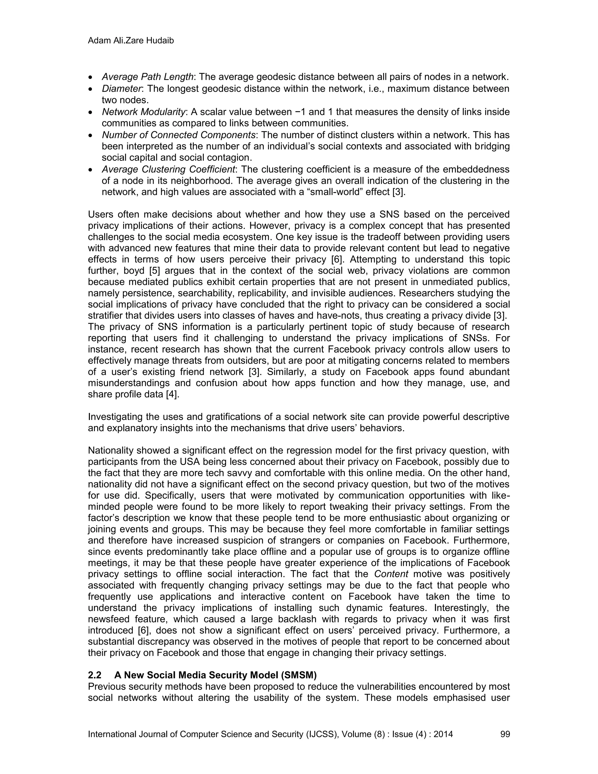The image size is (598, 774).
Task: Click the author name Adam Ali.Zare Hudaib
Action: (x=131, y=41)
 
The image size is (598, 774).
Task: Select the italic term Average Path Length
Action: (x=147, y=77)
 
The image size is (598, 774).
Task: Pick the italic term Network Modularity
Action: (x=143, y=112)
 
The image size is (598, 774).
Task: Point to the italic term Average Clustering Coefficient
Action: (x=168, y=169)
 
